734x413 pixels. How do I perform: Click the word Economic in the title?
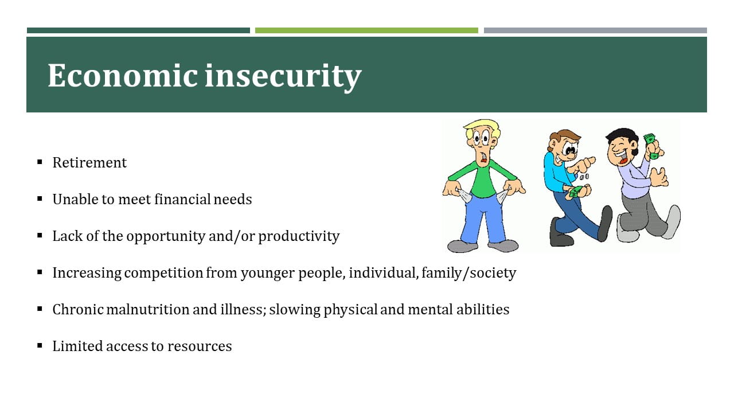point(123,76)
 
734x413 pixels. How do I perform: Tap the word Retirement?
point(89,162)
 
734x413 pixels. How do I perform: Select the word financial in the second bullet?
point(182,199)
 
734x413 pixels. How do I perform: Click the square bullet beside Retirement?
point(40,162)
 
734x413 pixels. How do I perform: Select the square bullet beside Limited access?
point(40,345)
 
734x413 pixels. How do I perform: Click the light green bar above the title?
point(366,30)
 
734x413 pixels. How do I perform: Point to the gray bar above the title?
point(595,30)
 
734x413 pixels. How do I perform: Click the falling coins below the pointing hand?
point(584,177)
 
